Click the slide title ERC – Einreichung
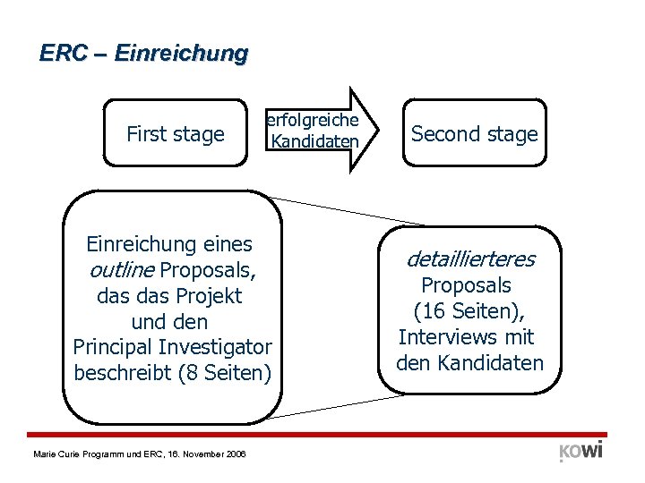[x=143, y=54]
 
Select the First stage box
[x=175, y=134]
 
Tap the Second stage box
[x=474, y=134]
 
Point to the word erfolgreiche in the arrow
[x=313, y=120]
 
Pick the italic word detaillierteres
[x=470, y=259]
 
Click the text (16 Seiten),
[x=469, y=312]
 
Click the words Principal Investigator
[x=172, y=346]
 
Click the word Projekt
[x=211, y=295]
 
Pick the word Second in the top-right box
[x=439, y=134]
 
